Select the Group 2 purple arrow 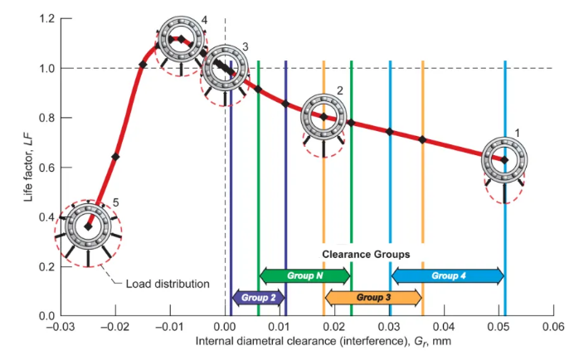tap(258, 296)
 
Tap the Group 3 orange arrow tap(373, 296)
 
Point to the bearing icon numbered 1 tap(504, 160)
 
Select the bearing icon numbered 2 tap(323, 115)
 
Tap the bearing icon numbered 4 tap(177, 38)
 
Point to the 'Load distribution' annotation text tap(167, 284)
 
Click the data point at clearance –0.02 tap(115, 156)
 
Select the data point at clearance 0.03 tap(390, 131)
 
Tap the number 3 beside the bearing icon tap(245, 47)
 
